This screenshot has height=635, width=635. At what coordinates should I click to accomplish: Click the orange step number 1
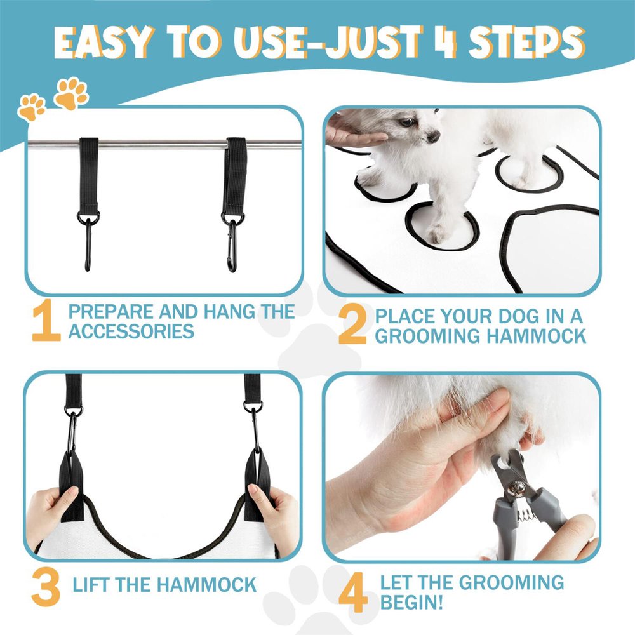46,320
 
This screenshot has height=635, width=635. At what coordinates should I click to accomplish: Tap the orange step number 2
352,324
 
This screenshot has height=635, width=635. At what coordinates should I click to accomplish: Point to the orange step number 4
353,592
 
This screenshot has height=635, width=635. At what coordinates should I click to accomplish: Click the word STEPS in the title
526,43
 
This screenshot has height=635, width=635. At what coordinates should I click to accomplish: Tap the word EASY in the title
104,42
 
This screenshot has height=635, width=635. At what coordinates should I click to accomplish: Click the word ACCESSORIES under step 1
131,331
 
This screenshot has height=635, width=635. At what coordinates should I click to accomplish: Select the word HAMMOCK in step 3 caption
206,585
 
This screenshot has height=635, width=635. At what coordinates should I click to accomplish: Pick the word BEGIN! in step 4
411,602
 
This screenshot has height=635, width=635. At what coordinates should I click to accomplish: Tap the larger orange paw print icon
71,93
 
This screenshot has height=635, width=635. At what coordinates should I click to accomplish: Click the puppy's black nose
433,137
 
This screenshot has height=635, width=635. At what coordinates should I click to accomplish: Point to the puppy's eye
406,121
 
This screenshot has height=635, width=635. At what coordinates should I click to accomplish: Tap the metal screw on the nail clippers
516,489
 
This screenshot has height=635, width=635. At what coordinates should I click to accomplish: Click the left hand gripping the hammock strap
53,514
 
